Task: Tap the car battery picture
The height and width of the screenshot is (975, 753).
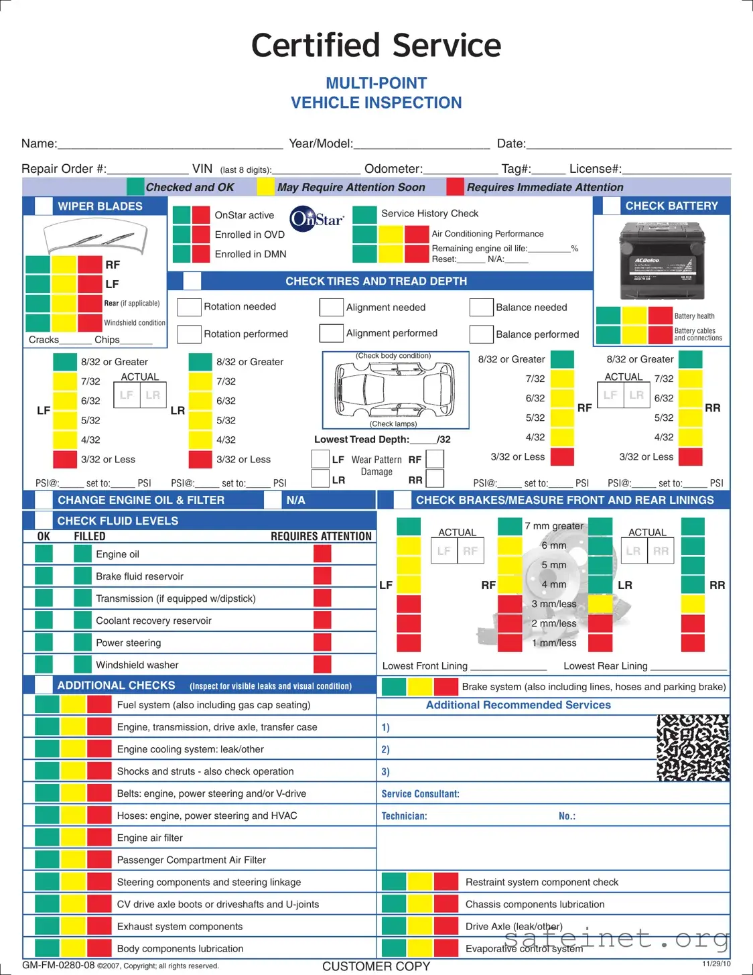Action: pyautogui.click(x=662, y=261)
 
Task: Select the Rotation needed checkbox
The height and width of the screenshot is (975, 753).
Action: pyautogui.click(x=189, y=307)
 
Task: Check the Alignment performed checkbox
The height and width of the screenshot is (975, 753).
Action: pyautogui.click(x=331, y=333)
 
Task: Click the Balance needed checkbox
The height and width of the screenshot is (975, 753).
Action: pyautogui.click(x=481, y=307)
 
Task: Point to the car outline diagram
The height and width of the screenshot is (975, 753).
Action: pyautogui.click(x=395, y=389)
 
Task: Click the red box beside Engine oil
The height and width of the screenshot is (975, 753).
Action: pyautogui.click(x=322, y=554)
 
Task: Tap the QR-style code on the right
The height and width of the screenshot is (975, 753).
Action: pyautogui.click(x=693, y=747)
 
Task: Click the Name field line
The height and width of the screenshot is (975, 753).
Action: pyautogui.click(x=170, y=144)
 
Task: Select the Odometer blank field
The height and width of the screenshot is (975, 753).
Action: pyautogui.click(x=460, y=170)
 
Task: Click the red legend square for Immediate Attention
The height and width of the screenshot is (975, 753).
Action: pyautogui.click(x=456, y=187)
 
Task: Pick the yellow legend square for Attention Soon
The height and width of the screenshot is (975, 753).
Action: pyautogui.click(x=266, y=187)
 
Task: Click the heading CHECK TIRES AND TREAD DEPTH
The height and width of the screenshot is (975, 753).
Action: pyautogui.click(x=376, y=281)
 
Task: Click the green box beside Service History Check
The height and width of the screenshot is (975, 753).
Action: pyautogui.click(x=364, y=214)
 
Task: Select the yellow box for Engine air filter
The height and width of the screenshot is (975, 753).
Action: pyautogui.click(x=74, y=838)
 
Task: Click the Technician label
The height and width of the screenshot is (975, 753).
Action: pyautogui.click(x=404, y=816)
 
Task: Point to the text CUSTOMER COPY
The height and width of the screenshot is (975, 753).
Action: pyautogui.click(x=376, y=966)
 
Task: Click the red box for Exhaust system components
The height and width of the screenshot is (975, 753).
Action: pyautogui.click(x=99, y=926)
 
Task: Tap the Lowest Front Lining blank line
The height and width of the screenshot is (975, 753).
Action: pyautogui.click(x=508, y=667)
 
